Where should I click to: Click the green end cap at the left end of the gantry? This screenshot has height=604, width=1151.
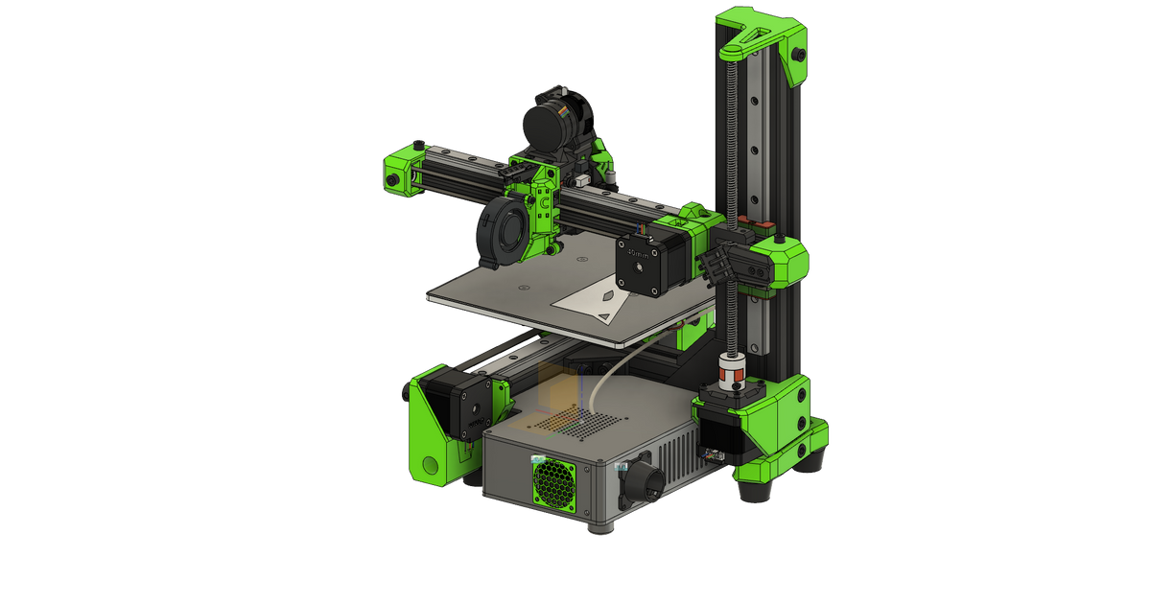pos(403,171)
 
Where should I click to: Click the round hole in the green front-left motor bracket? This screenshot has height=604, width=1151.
pos(430,466)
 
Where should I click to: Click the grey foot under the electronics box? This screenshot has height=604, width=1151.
pos(602,531)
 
